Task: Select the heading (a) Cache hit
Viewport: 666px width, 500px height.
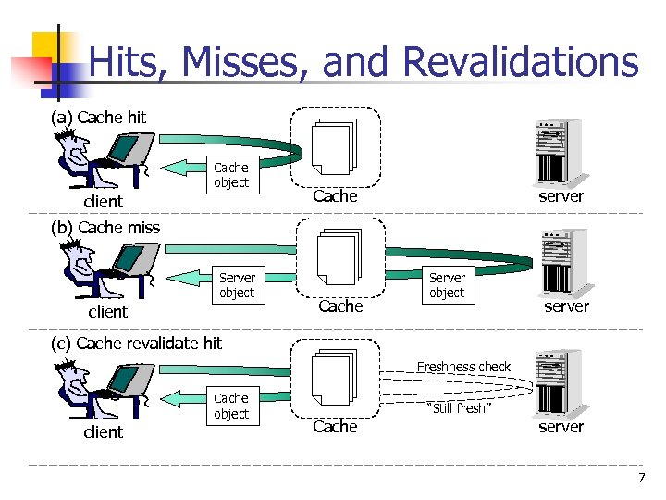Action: click(98, 117)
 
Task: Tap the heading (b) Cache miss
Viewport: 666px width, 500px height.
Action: click(105, 227)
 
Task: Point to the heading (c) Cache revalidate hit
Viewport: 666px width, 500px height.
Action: click(136, 343)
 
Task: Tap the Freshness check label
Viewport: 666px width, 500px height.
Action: click(463, 367)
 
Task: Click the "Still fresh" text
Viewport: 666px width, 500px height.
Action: click(461, 408)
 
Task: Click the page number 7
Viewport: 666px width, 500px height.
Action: click(641, 478)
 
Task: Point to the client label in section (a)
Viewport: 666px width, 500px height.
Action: click(104, 201)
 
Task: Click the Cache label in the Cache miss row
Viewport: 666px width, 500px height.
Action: click(340, 306)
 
